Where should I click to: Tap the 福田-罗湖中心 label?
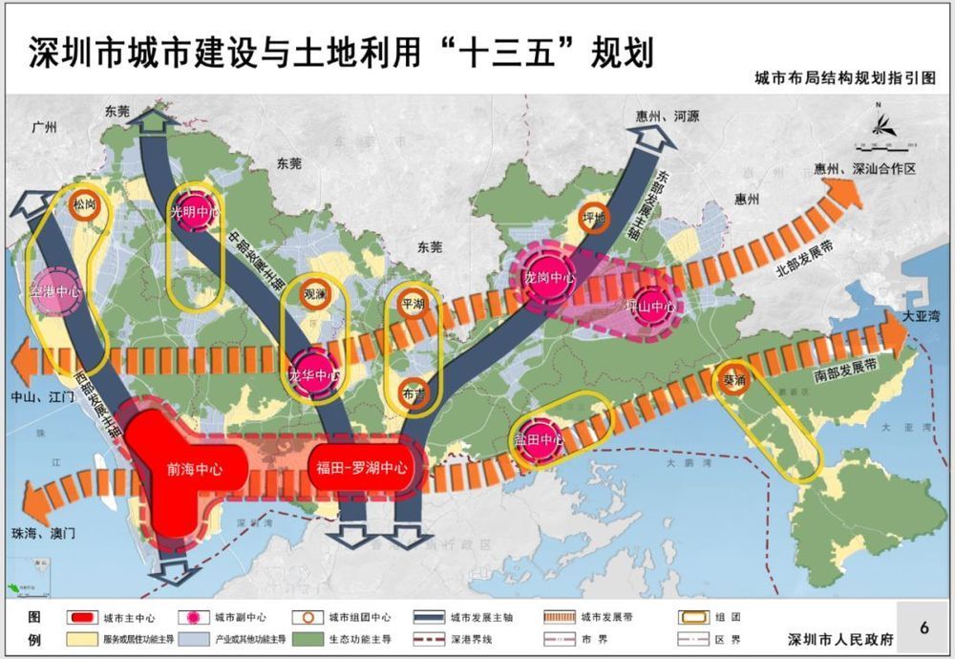pyautogui.click(x=361, y=468)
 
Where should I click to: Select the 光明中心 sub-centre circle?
pyautogui.click(x=195, y=213)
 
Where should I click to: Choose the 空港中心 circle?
pyautogui.click(x=54, y=291)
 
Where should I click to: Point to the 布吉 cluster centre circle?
pyautogui.click(x=414, y=393)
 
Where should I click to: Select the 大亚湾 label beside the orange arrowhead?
pyautogui.click(x=920, y=315)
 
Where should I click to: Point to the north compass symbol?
pyautogui.click(x=878, y=124)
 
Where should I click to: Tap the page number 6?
pyautogui.click(x=923, y=627)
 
